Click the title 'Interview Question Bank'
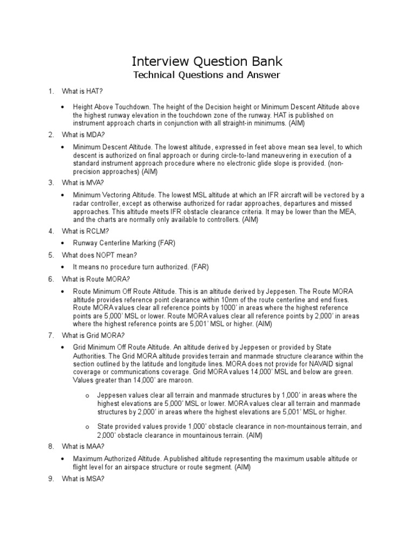pyautogui.click(x=207, y=60)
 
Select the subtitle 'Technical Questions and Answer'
pyautogui.click(x=207, y=75)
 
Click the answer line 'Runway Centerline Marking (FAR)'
pyautogui.click(x=125, y=243)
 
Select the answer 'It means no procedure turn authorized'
pyautogui.click(x=141, y=267)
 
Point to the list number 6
pyautogui.click(x=51, y=279)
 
